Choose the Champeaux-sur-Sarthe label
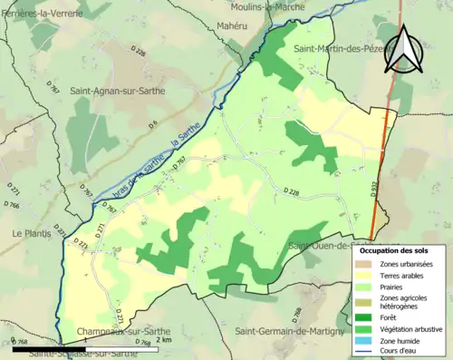click(119, 332)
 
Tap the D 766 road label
click(13, 206)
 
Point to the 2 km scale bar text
click(164, 345)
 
